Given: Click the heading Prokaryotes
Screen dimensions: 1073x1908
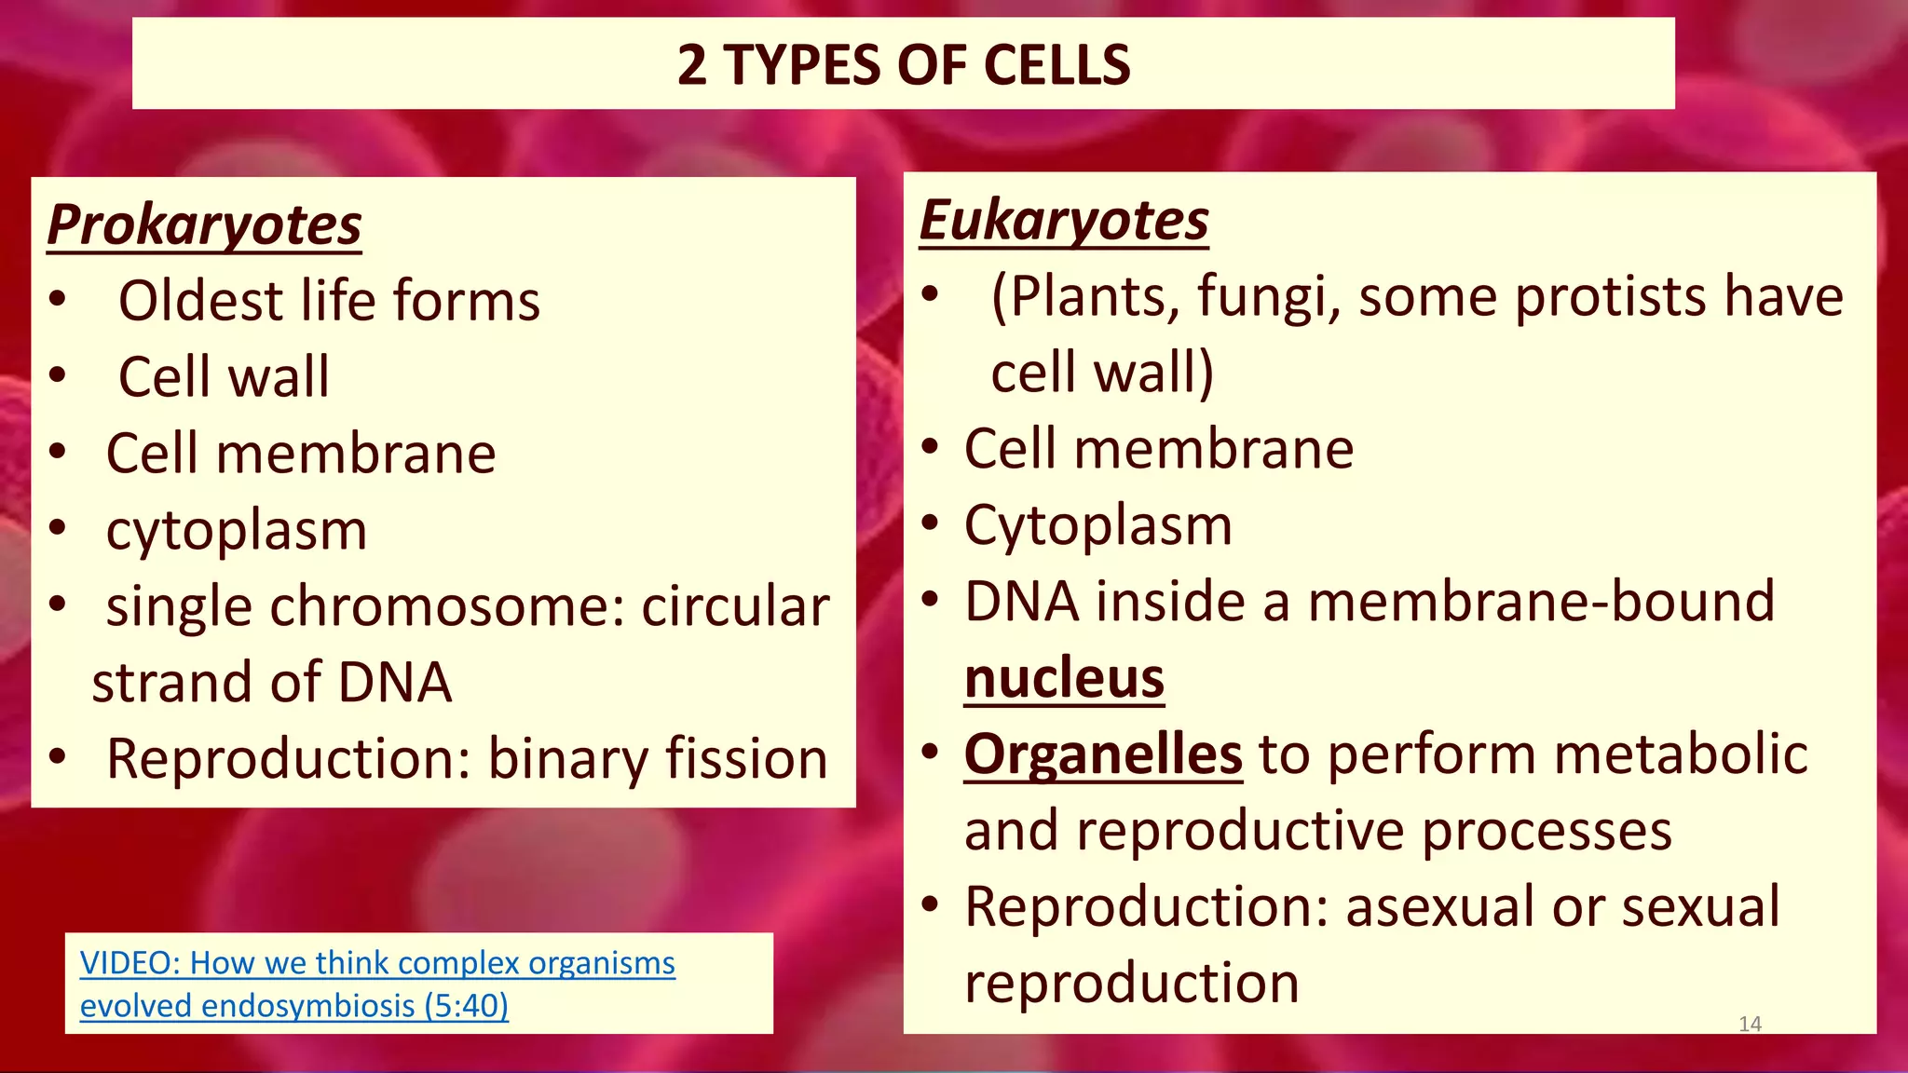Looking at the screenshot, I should tap(204, 225).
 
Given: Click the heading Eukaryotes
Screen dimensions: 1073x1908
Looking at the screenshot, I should tap(1064, 221).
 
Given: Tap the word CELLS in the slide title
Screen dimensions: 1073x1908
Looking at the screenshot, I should tap(1056, 65).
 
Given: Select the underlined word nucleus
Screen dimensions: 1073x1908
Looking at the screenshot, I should tap(1064, 677).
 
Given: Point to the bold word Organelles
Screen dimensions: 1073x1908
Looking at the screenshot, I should tap(1103, 754).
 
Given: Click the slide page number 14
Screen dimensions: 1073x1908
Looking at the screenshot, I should tap(1750, 1024).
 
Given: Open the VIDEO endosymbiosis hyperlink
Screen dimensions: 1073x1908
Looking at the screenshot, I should tap(376, 984).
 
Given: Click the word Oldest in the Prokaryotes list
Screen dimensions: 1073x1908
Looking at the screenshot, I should tap(200, 301).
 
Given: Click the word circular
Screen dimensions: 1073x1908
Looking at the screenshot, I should tap(735, 606).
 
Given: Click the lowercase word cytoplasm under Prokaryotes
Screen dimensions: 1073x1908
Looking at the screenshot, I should tap(237, 531).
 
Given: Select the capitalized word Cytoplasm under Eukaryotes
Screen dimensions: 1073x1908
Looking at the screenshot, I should tap(1097, 525).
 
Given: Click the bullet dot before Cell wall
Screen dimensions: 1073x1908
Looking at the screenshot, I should tap(58, 376).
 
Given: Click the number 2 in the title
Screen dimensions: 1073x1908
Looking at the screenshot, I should tap(691, 65).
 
